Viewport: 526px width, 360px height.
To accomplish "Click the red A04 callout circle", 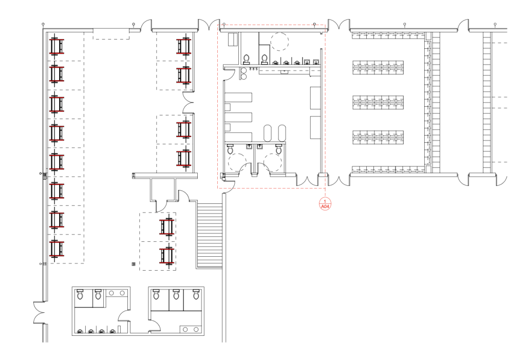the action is pos(325,204).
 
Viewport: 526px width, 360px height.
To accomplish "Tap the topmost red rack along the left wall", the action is pos(57,46).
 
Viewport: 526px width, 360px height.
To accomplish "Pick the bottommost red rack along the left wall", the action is pos(57,249).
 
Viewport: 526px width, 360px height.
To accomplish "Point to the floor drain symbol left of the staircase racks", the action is pos(134,264).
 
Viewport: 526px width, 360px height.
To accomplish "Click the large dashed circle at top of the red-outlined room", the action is pos(279,42).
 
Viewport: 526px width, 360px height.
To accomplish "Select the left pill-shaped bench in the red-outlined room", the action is pos(267,133).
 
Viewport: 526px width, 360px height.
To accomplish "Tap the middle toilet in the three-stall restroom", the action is pos(176,295).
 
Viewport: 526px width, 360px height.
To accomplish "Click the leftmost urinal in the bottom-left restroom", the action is pos(80,331).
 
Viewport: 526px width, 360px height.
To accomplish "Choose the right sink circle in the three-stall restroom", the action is pos(196,330).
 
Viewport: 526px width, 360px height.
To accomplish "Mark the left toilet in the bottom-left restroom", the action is pos(80,294).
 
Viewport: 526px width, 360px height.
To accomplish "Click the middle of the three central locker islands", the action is pos(378,102).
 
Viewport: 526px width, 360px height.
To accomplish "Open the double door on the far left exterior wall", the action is pos(39,313).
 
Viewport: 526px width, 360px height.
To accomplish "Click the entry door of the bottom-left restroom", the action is pos(124,316).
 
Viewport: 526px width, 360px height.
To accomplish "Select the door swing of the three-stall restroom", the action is pos(155,326).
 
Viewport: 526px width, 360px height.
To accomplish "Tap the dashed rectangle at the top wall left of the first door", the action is pos(111,34).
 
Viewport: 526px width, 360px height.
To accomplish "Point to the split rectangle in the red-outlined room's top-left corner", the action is pos(233,39).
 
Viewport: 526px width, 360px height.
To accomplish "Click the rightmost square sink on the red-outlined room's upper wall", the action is pos(316,62).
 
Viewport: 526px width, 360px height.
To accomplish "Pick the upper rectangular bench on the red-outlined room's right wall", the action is pos(315,98).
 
